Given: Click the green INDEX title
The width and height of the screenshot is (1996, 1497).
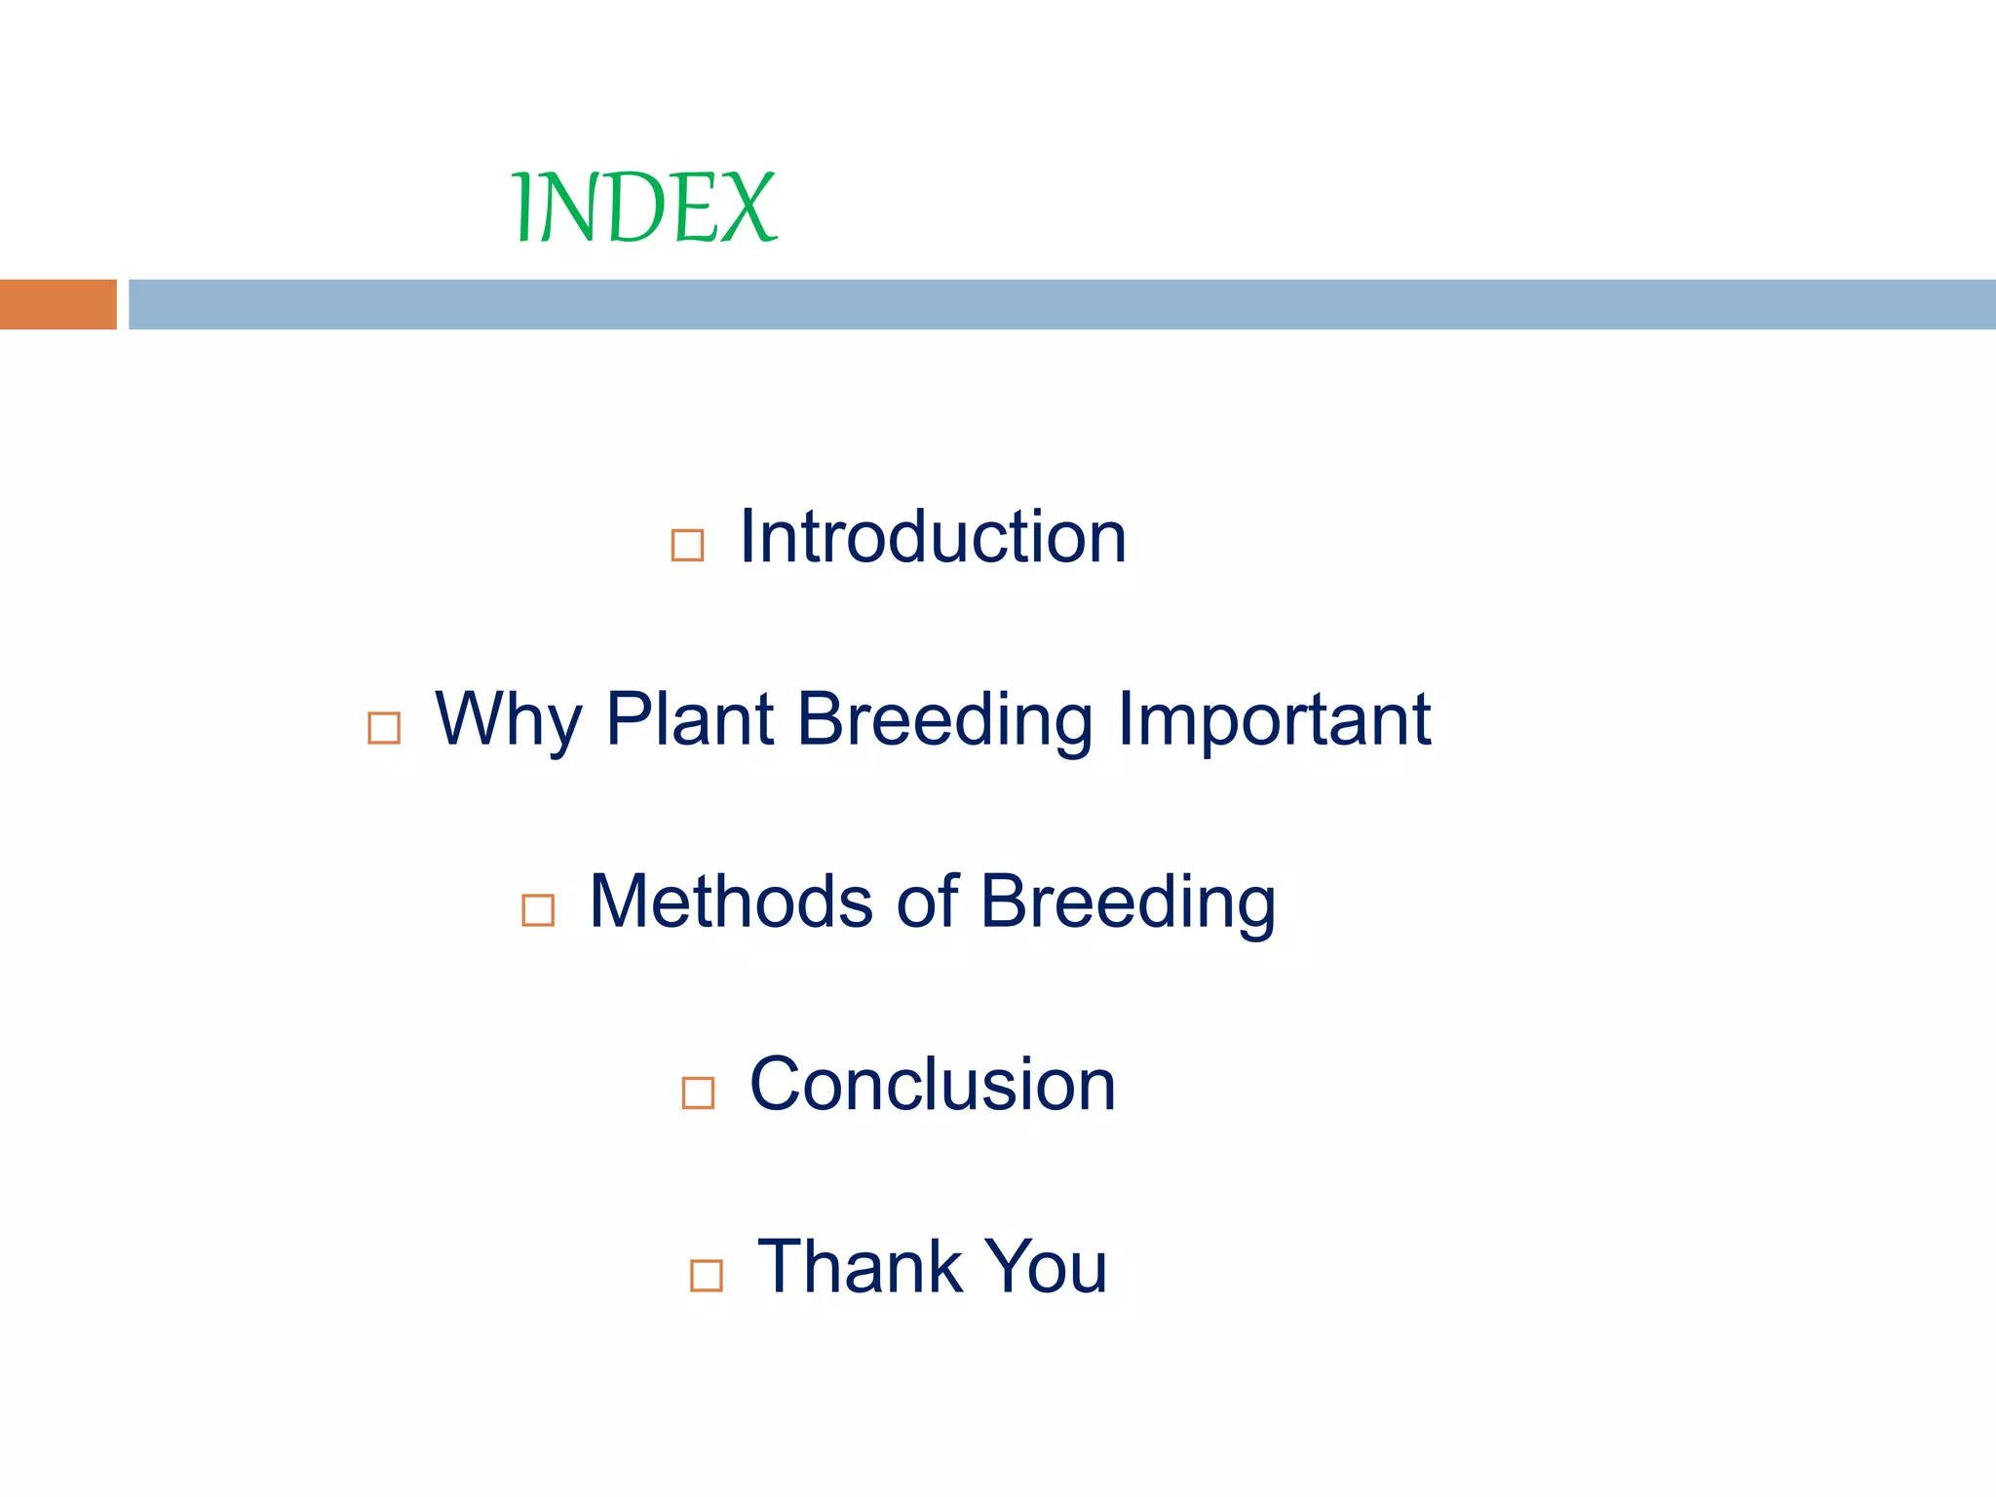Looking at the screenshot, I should tap(643, 208).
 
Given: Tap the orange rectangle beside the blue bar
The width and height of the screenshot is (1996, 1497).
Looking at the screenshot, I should tap(58, 304).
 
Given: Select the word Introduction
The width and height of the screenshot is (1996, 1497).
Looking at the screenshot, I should tap(933, 537).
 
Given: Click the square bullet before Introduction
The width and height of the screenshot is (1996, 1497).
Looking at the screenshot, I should tap(687, 545).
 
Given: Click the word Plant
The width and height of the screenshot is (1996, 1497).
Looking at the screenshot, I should tap(689, 720).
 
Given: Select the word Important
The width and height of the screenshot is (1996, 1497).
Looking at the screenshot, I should tap(1274, 720).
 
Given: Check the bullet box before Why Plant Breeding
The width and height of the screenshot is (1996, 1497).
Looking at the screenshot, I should tap(384, 728).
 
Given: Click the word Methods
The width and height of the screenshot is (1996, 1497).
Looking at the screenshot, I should tap(731, 902).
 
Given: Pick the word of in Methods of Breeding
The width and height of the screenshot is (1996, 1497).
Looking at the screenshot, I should tap(927, 902).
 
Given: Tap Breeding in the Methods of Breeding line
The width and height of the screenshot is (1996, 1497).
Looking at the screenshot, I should tap(1128, 902).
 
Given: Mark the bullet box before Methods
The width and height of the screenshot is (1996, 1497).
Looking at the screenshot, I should tap(538, 910).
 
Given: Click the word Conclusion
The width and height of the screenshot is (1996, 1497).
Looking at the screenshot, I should tap(932, 1085).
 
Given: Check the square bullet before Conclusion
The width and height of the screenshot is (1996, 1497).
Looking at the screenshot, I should tap(698, 1093).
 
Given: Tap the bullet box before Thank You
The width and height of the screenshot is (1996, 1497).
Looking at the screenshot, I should tap(706, 1275).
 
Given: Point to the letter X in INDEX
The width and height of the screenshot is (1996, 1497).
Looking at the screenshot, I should tap(748, 208).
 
